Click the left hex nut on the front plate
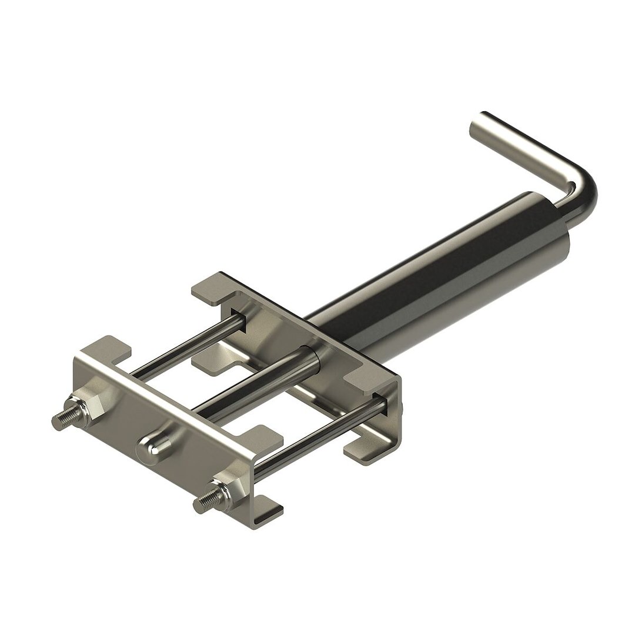[90, 405]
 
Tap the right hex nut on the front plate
[231, 484]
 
